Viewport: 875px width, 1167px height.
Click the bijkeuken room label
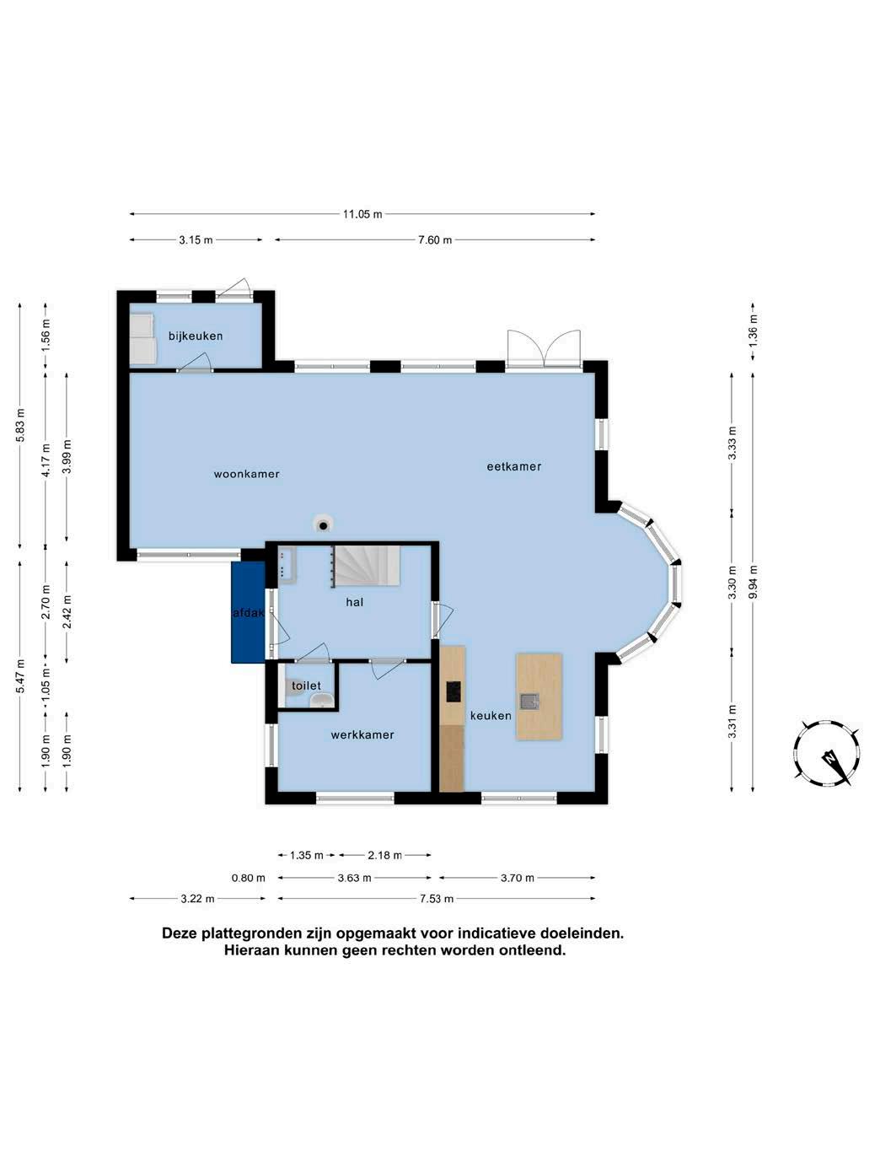(x=196, y=336)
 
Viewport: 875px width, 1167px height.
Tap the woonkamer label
(x=246, y=474)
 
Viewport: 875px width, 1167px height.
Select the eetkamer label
(x=513, y=466)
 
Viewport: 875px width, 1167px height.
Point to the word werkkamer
(x=362, y=734)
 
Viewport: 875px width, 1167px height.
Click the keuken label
(x=491, y=716)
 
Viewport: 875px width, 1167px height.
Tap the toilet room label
(x=306, y=686)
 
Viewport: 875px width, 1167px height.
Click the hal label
(x=354, y=602)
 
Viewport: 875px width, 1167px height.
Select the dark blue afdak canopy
(x=248, y=612)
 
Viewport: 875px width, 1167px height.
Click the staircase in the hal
(x=366, y=565)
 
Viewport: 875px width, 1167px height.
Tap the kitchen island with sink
(x=539, y=696)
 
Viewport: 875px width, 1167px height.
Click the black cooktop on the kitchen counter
(x=454, y=691)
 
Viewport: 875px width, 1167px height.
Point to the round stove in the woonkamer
(x=323, y=524)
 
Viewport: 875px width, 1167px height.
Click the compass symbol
(x=827, y=752)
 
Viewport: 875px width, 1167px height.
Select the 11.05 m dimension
(x=362, y=214)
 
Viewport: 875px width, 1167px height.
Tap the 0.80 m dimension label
(x=248, y=878)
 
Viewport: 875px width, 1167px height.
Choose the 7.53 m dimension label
(x=437, y=899)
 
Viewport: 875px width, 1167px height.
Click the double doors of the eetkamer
(x=543, y=348)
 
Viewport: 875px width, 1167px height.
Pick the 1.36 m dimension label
(x=753, y=331)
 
